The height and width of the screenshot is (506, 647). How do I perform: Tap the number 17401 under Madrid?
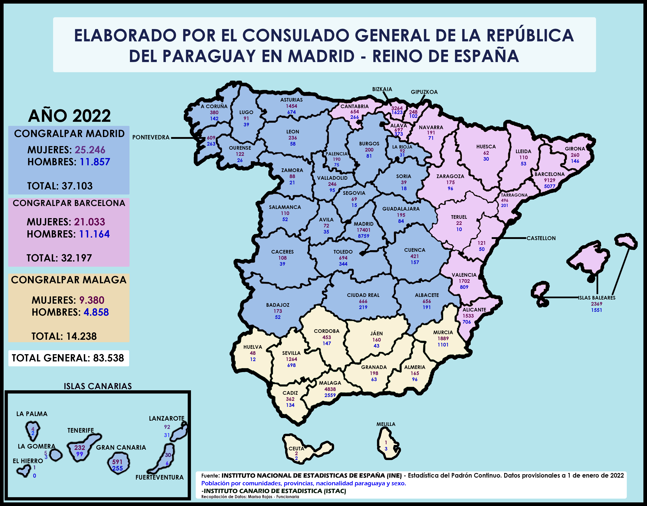(x=363, y=230)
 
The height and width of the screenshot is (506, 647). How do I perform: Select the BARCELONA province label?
(x=549, y=174)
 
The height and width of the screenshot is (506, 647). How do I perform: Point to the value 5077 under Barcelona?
(x=549, y=186)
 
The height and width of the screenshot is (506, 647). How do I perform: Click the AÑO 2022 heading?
(x=69, y=116)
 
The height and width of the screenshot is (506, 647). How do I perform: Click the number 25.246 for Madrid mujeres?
(x=90, y=150)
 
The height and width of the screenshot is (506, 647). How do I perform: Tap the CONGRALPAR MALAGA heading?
(x=69, y=280)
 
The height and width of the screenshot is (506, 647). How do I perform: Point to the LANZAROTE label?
(x=166, y=418)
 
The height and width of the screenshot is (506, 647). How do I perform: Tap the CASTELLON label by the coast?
(x=541, y=238)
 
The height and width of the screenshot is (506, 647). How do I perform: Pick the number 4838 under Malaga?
(x=330, y=389)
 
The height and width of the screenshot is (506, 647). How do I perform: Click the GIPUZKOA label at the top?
(x=424, y=92)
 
